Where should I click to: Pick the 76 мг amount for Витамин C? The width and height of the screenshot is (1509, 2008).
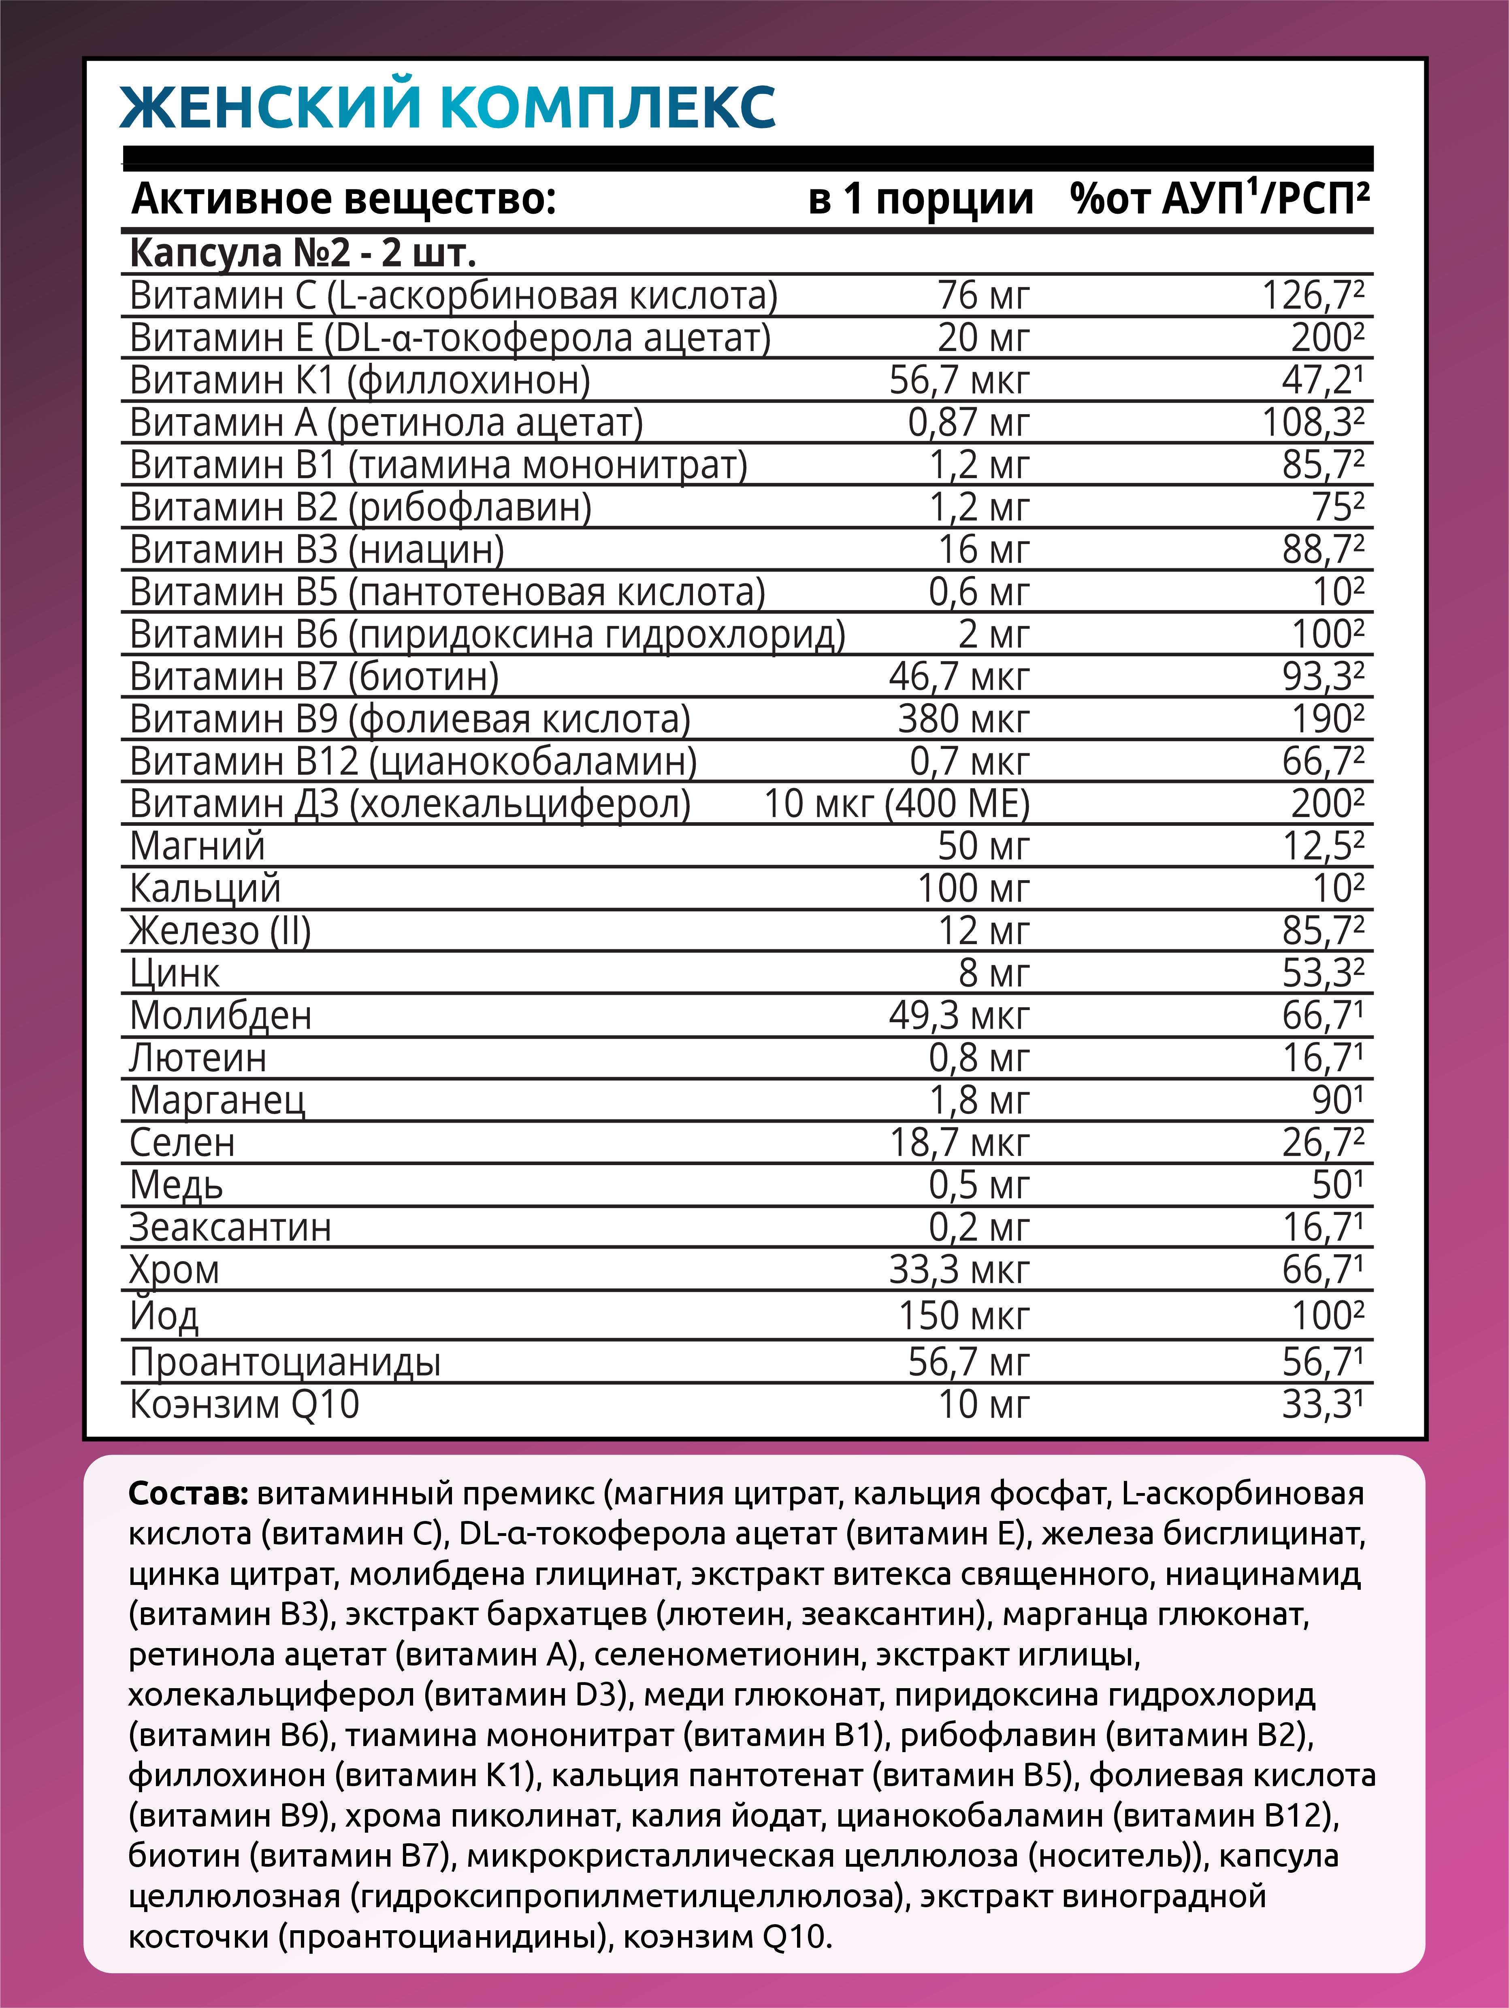(x=983, y=296)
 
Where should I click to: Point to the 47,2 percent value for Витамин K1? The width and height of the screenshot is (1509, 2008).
(x=1321, y=381)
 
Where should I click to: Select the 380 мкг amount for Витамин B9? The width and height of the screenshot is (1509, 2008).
(x=963, y=720)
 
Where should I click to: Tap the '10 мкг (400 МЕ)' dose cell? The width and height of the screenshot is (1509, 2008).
(x=896, y=804)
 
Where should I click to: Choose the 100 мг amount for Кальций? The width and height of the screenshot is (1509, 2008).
(x=972, y=889)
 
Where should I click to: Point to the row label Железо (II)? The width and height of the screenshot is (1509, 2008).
(x=220, y=932)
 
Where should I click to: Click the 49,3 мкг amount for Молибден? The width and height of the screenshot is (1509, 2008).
(x=959, y=1016)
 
